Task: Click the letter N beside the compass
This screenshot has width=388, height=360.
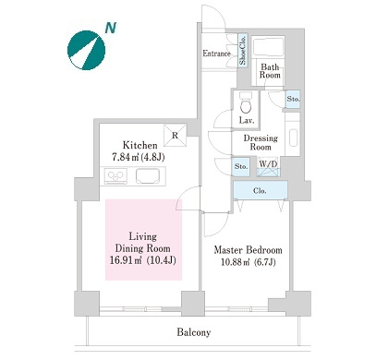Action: coord(111,28)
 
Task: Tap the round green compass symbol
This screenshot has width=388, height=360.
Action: coord(86,50)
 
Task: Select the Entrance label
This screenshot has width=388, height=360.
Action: coord(216,54)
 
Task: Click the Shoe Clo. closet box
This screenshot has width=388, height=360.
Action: coord(243,51)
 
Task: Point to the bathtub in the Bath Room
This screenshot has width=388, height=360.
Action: coord(268,47)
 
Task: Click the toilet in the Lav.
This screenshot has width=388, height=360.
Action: coord(246,103)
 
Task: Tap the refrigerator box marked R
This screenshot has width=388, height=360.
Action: coord(176,136)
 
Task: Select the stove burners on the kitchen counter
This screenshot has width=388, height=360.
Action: coord(116,176)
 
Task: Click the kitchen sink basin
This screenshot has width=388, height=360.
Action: coord(148,176)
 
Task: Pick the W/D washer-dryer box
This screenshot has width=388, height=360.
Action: coord(268,166)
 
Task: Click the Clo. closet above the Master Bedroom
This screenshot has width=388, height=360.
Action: coord(261,190)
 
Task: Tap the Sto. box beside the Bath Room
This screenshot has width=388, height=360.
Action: coord(293,99)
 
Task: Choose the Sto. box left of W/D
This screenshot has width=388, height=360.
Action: coord(241,167)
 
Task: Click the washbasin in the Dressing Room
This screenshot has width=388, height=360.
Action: coord(294,138)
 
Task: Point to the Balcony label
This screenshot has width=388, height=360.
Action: coord(194,332)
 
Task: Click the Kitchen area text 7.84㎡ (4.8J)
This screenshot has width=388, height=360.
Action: coord(138,158)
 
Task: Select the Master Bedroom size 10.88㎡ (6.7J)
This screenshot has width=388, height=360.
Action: coord(249,262)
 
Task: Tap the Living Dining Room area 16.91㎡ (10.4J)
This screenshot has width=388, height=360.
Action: coord(143,260)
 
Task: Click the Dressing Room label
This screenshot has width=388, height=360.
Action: coord(261,142)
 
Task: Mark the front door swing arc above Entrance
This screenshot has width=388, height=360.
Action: coord(219,12)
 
